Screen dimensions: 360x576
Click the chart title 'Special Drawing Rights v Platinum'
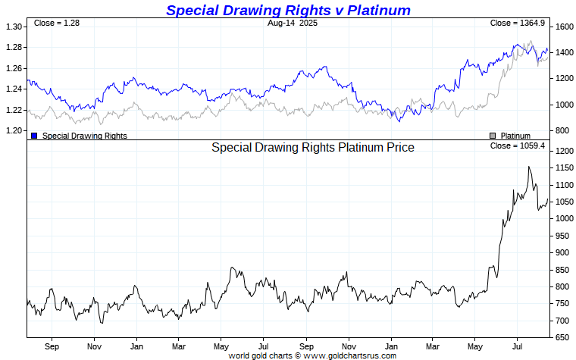288,10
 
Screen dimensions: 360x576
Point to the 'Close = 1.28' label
57,23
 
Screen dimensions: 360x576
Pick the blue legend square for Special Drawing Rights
35,136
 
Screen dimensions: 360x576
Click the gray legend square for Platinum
493,136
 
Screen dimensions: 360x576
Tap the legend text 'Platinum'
515,136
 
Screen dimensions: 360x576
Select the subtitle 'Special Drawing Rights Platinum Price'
312,148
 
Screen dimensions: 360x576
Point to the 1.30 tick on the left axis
13,27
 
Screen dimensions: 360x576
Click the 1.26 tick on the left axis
13,68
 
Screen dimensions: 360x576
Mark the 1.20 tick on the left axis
13,130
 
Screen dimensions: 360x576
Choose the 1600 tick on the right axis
563,27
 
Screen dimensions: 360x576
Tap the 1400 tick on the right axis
563,52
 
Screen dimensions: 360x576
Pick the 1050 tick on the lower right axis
563,202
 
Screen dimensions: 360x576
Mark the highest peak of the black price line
529,167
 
